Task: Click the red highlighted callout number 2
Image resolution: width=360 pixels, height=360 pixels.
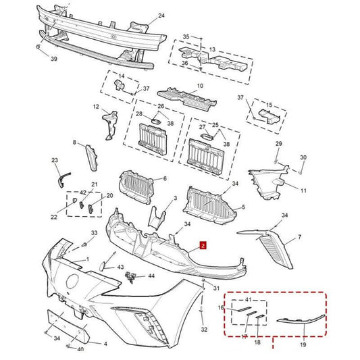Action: pos(203,248)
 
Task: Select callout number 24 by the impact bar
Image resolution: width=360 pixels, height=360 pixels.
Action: pos(161,16)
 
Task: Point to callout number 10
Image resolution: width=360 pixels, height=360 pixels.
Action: pos(199,86)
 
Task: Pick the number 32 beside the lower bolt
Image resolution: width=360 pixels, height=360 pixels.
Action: pos(205,331)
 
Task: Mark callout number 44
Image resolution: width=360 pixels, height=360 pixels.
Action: pos(151,276)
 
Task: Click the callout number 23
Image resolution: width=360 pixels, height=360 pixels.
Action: pos(55,160)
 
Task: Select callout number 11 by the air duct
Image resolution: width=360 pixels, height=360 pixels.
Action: pos(303,190)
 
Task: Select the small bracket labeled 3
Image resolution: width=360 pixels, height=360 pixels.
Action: pos(159,215)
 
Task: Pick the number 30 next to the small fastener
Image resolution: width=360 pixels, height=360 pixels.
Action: pos(303,157)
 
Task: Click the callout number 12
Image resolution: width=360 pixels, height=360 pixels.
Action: pos(96,107)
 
